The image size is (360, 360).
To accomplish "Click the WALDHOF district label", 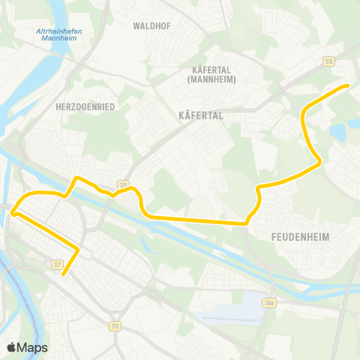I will pyautogui.click(x=148, y=25).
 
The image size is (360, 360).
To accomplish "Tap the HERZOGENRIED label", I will pyautogui.click(x=85, y=107).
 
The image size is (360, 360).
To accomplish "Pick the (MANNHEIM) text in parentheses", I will pyautogui.click(x=199, y=77).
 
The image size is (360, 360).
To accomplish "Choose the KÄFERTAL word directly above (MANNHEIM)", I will pyautogui.click(x=199, y=69).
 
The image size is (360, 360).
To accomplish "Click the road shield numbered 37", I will pyautogui.click(x=57, y=264).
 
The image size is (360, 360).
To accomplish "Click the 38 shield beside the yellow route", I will pyautogui.click(x=123, y=184).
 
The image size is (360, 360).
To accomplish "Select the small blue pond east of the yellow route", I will pyautogui.click(x=337, y=133).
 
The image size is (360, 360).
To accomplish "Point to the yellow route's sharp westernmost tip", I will pyautogui.click(x=13, y=213).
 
